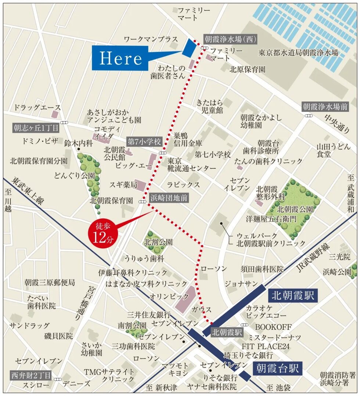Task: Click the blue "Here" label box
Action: [x=120, y=58]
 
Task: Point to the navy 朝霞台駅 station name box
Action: [x=278, y=368]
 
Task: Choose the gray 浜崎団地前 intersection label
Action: [x=168, y=198]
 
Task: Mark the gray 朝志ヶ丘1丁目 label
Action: [x=36, y=128]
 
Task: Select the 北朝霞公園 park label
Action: [x=295, y=209]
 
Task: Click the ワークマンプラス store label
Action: [x=151, y=39]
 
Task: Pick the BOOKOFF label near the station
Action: [x=273, y=327]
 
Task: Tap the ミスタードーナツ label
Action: [x=274, y=337]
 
